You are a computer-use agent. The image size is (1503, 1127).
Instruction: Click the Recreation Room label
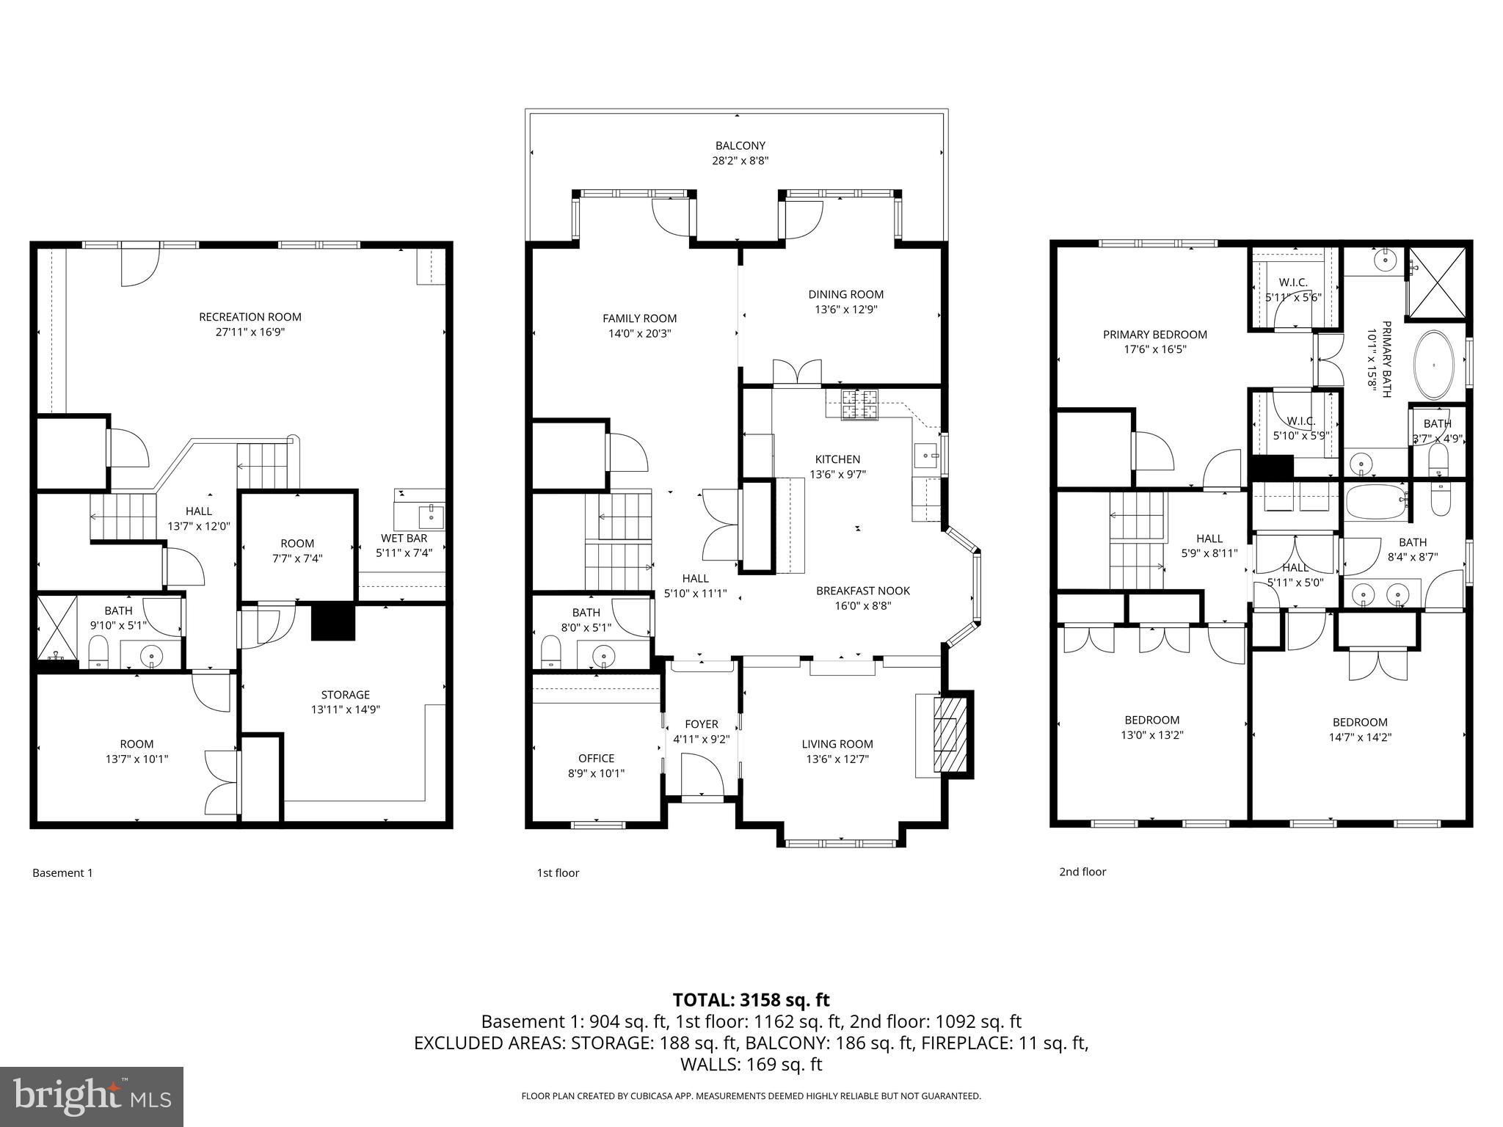[250, 317]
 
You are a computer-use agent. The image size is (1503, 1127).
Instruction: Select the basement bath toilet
[98, 652]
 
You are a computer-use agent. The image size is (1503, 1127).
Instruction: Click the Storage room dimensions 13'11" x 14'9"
[345, 710]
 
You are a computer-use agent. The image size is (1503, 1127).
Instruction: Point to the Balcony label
[740, 145]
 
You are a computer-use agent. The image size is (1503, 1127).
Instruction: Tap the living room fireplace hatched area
[950, 734]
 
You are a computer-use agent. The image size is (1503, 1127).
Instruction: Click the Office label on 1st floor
[596, 758]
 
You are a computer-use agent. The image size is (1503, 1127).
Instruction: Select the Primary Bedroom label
[1154, 335]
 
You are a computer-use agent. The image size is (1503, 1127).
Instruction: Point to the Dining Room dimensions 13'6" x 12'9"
[845, 310]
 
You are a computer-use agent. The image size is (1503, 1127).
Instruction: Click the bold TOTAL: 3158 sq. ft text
[751, 999]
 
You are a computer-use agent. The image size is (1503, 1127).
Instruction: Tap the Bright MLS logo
[92, 1096]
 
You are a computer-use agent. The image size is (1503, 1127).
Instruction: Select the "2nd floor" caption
[1082, 872]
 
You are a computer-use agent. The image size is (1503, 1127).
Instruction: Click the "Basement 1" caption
[62, 872]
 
